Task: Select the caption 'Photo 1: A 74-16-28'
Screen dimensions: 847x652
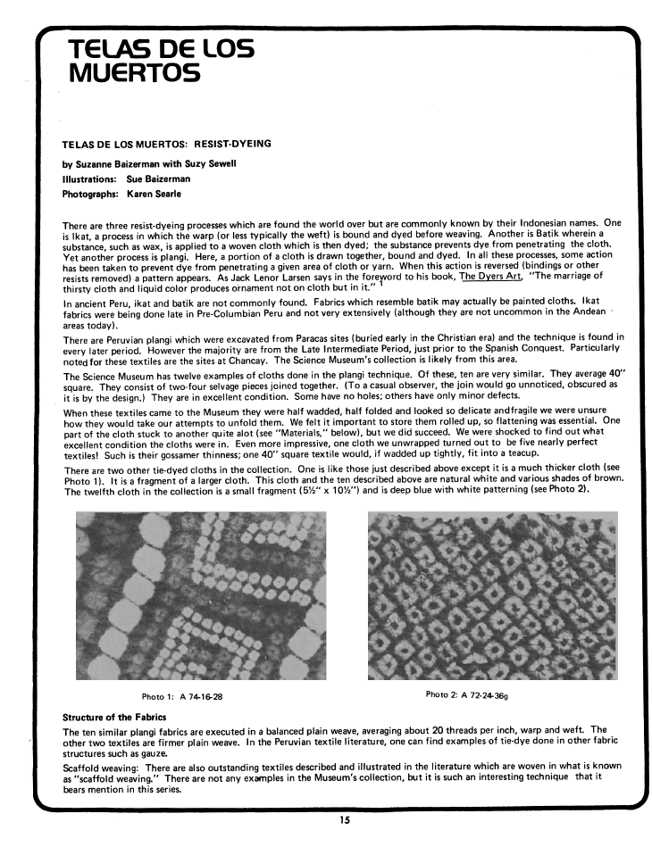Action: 182,695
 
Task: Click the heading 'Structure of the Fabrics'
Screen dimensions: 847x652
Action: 113,717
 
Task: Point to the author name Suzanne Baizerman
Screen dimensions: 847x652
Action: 120,164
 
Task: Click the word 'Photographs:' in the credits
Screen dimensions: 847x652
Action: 89,194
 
